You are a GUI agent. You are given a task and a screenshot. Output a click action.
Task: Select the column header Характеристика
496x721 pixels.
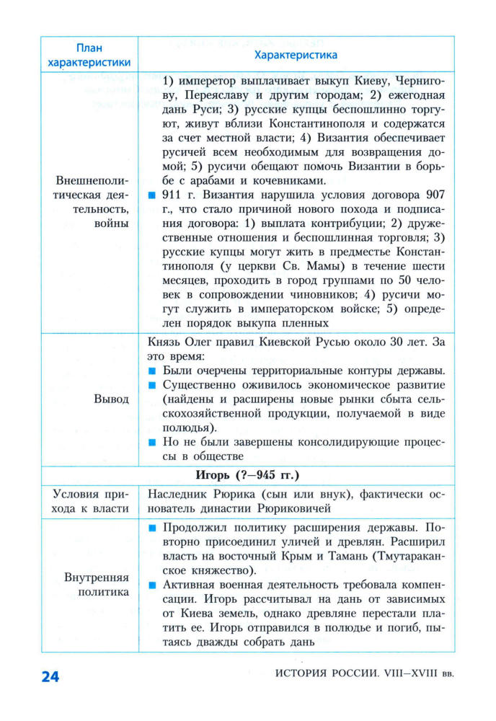(296, 54)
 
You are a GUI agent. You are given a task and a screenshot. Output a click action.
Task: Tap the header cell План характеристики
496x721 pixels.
(89, 54)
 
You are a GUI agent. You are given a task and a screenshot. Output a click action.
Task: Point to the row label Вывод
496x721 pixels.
(111, 399)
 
